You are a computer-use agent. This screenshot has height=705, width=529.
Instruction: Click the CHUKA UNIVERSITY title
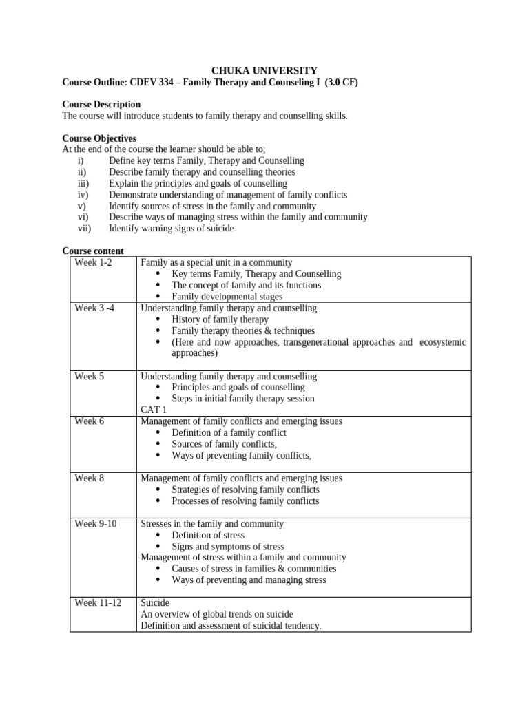click(264, 70)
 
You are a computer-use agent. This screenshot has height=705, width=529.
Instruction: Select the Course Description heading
click(101, 105)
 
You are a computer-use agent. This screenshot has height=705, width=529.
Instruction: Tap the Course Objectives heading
click(99, 138)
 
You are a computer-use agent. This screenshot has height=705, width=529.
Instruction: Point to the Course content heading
click(93, 251)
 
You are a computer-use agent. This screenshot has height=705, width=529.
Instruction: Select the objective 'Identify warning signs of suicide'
click(171, 229)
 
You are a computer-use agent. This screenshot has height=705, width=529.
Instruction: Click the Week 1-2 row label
click(92, 263)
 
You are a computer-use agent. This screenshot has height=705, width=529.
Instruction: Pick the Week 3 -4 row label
click(94, 308)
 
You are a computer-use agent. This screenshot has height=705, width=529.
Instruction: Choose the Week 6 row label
click(90, 421)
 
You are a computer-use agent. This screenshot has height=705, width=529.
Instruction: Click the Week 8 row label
click(90, 478)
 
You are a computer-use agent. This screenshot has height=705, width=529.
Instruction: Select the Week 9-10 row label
click(96, 524)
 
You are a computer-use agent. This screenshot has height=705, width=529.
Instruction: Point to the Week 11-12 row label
click(98, 603)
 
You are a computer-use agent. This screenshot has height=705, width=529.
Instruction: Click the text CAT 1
click(154, 410)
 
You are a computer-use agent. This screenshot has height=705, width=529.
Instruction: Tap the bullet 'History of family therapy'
click(220, 319)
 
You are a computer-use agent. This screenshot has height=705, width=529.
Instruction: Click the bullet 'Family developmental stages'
click(227, 297)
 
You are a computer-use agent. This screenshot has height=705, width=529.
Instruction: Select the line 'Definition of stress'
click(208, 535)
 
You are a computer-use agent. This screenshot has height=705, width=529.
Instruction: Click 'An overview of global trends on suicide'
click(217, 614)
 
